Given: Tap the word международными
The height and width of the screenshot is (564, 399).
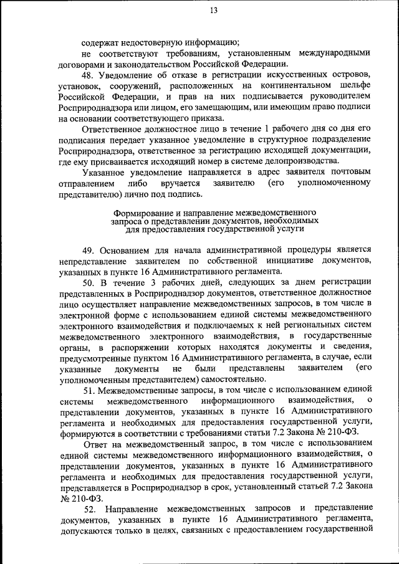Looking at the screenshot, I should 335,54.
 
